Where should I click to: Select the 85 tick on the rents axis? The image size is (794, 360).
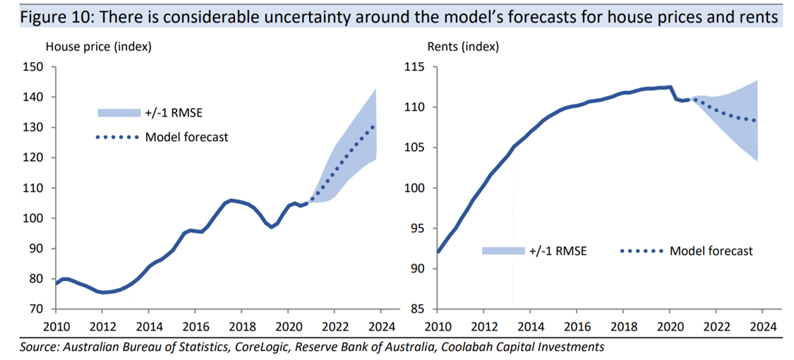click(x=416, y=309)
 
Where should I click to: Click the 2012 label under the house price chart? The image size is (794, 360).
click(x=102, y=327)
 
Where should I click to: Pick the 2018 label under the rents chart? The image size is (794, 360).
click(x=623, y=327)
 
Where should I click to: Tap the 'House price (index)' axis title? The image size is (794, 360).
click(x=99, y=47)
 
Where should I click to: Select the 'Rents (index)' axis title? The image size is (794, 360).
click(x=463, y=47)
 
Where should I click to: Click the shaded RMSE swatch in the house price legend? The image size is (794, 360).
click(x=119, y=112)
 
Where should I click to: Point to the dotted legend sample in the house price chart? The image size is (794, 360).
click(x=117, y=137)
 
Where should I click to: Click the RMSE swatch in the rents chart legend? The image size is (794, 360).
click(x=504, y=251)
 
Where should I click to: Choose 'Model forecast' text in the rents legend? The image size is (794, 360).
click(x=711, y=251)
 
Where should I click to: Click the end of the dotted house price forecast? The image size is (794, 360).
click(x=373, y=127)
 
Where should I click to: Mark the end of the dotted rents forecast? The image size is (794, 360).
click(x=754, y=120)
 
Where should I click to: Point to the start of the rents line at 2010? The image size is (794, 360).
click(x=438, y=251)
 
